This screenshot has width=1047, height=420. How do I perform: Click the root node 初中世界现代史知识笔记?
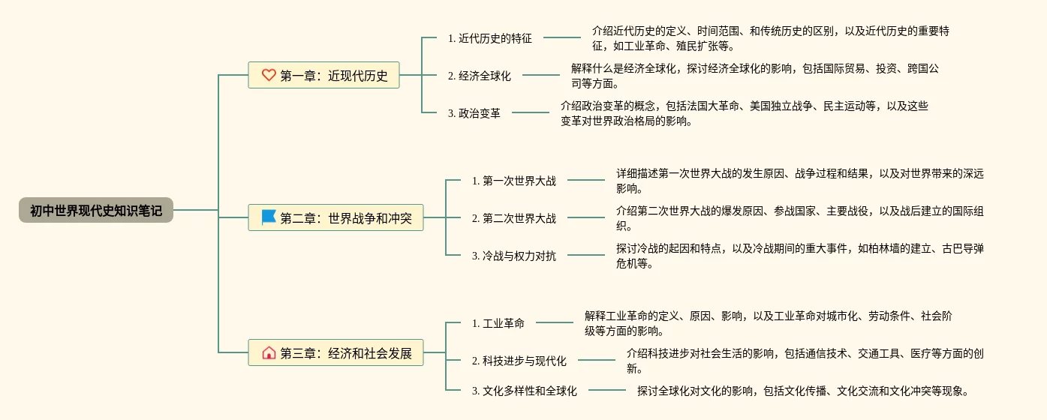pyautogui.click(x=96, y=211)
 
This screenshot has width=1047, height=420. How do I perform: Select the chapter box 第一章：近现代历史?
pyautogui.click(x=323, y=75)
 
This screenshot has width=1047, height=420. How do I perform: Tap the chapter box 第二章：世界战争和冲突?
pyautogui.click(x=335, y=218)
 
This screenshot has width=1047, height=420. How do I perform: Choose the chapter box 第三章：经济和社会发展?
pyautogui.click(x=335, y=352)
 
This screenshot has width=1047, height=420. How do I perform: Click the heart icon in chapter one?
pyautogui.click(x=269, y=75)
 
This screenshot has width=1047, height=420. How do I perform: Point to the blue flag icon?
pyautogui.click(x=269, y=217)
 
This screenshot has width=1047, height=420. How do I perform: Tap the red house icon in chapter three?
pyautogui.click(x=269, y=352)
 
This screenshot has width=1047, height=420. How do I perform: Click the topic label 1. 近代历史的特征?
pyautogui.click(x=489, y=38)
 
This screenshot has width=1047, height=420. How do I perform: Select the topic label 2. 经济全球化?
pyautogui.click(x=479, y=76)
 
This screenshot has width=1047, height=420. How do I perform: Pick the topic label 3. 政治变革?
pyautogui.click(x=474, y=113)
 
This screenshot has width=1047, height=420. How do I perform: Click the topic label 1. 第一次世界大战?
pyautogui.click(x=514, y=181)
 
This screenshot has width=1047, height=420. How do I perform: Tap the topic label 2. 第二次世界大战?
pyautogui.click(x=514, y=218)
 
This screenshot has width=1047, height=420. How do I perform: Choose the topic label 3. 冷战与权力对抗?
pyautogui.click(x=514, y=256)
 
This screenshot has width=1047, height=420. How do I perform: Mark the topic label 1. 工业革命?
pyautogui.click(x=498, y=323)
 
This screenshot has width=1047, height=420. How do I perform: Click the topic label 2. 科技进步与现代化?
pyautogui.click(x=519, y=361)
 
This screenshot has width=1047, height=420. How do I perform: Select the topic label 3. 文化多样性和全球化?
pyautogui.click(x=525, y=391)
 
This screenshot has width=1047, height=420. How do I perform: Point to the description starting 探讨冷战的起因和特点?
pyautogui.click(x=799, y=256)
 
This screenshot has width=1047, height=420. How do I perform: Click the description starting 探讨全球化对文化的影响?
pyautogui.click(x=803, y=391)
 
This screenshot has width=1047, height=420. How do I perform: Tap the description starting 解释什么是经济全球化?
pyautogui.click(x=754, y=76)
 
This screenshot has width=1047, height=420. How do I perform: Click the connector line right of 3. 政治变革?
pyautogui.click(x=531, y=112)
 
